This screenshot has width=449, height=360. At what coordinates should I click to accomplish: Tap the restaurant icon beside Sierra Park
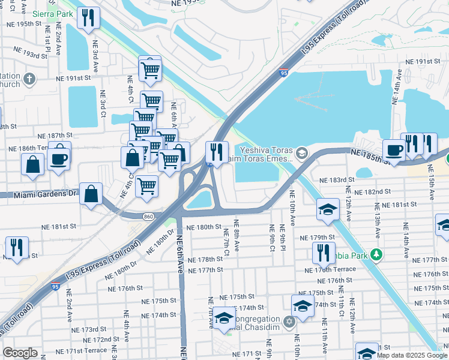[x=88, y=17]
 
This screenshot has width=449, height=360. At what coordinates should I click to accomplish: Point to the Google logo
[x=20, y=353]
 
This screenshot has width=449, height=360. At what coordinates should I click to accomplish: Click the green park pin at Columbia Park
[x=376, y=254]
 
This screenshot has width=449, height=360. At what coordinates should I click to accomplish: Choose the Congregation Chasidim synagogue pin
[x=289, y=322]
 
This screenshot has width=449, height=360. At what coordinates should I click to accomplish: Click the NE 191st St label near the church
[x=73, y=78]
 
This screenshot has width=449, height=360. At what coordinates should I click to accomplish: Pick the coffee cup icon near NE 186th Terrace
[x=59, y=158]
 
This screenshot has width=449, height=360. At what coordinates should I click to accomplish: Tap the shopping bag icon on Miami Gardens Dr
[x=91, y=194]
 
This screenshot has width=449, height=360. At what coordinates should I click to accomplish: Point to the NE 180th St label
[x=204, y=227]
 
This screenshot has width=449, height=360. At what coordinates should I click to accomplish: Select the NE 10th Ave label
[x=292, y=208]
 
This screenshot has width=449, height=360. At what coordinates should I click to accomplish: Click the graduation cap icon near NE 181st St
[x=327, y=209]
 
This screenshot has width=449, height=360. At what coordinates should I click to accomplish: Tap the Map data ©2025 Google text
[x=412, y=355]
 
